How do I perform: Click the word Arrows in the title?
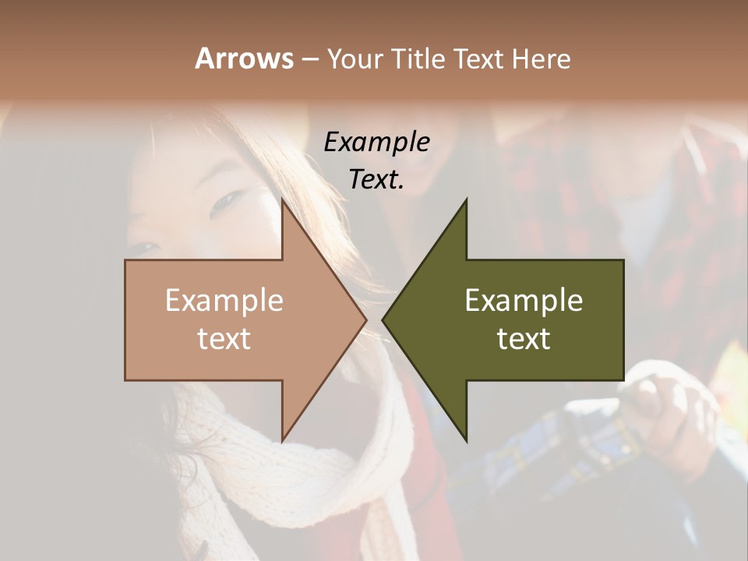244,58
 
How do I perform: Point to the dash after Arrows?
309,60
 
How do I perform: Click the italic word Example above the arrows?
376,142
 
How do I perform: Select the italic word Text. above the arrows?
376,179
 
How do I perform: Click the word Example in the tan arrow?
224,301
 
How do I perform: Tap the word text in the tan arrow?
224,339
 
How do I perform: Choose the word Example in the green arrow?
524,301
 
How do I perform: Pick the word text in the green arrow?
524,339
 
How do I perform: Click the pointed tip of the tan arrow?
365,319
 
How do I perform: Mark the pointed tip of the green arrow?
384,319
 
